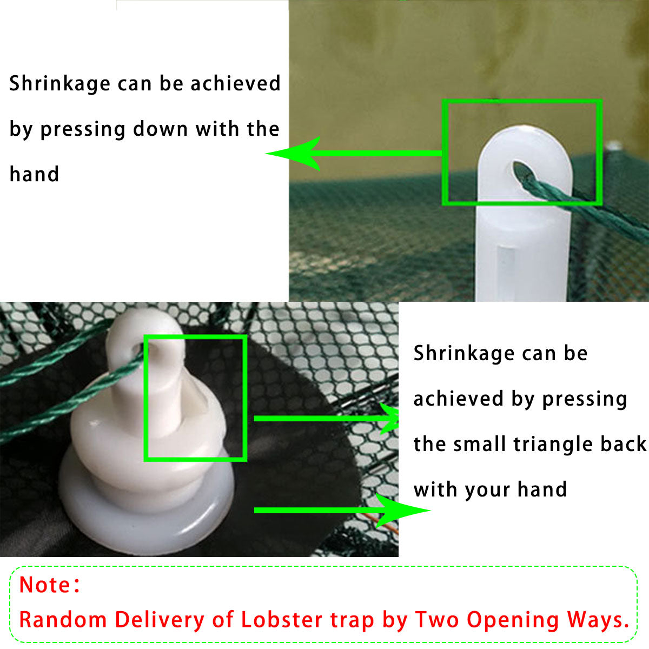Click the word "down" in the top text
160,129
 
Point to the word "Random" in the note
63,620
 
